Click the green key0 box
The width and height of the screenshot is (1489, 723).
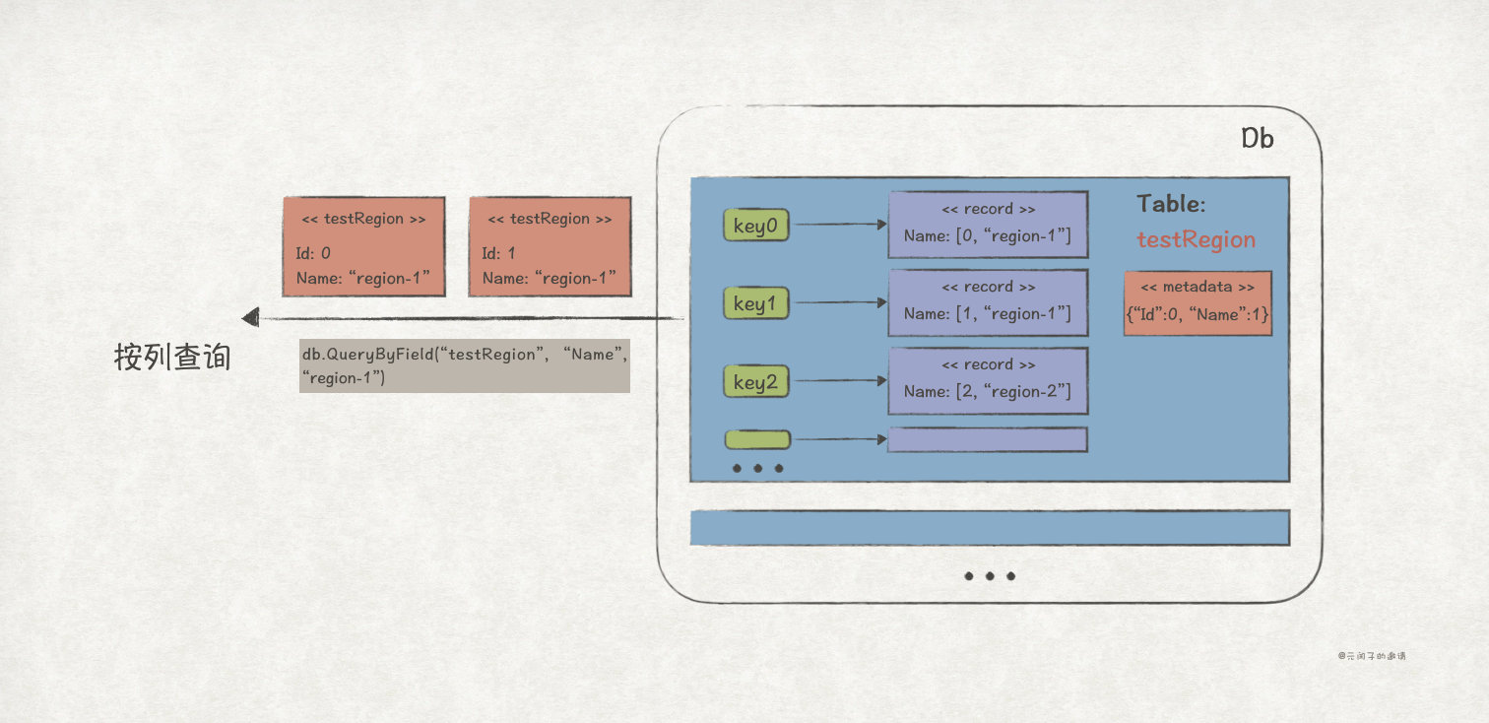coord(756,226)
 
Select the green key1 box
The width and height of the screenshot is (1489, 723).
coord(756,303)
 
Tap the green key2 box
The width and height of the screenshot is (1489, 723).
coord(756,381)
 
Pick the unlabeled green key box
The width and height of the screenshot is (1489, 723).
coord(757,439)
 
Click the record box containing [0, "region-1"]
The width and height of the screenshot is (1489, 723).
coord(988,225)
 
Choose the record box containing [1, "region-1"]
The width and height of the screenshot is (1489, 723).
coord(988,302)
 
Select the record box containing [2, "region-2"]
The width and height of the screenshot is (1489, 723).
coord(988,380)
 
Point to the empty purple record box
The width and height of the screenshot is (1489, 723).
coord(988,439)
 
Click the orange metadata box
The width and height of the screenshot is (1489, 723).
coord(1198,303)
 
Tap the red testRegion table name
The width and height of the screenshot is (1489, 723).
coord(1196,240)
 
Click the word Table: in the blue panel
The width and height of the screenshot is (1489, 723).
coord(1171,204)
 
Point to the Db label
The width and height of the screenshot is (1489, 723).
coord(1257,139)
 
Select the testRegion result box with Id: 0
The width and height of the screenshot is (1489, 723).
coord(363,246)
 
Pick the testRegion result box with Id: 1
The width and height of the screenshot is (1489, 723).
coord(550,246)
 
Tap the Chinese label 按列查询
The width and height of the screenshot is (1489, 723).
coord(172,358)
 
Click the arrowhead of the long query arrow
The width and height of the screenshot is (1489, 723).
coord(250,317)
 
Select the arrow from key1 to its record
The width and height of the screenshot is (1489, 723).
coord(838,303)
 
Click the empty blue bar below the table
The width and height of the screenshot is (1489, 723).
coord(990,528)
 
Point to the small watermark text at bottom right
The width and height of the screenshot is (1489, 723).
coord(1371,655)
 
